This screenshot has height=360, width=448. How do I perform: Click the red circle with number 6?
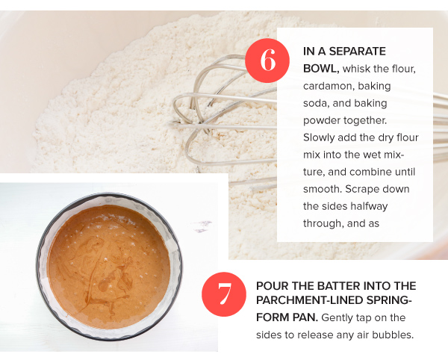(267, 60)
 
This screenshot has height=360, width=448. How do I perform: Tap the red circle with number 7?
(224, 294)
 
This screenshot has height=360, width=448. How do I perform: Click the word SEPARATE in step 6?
(357, 52)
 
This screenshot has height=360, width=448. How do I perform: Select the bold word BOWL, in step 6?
(321, 69)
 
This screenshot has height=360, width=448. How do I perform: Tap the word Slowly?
(319, 137)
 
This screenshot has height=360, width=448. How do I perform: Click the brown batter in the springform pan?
(108, 267)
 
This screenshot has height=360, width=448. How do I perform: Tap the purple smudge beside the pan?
(202, 226)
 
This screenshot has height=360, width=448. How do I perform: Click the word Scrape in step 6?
(363, 190)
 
